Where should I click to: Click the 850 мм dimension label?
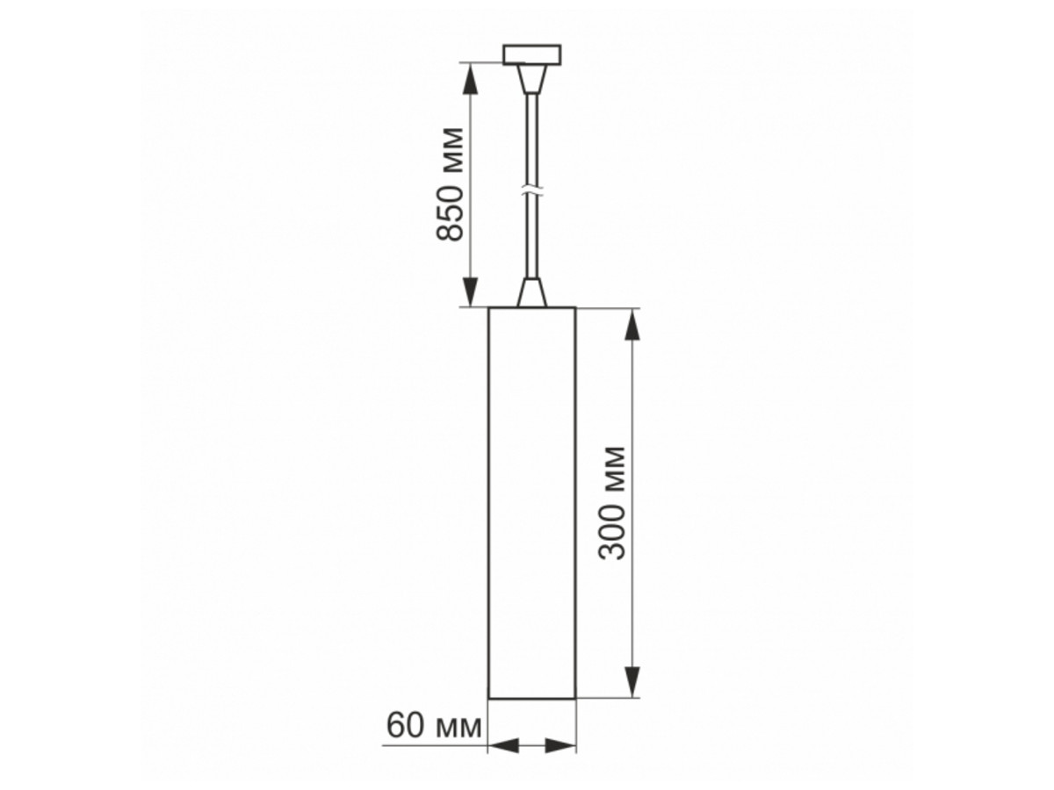pos(450,183)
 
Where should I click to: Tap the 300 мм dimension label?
pos(612,503)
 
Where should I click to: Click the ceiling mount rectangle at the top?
pos(531,54)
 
